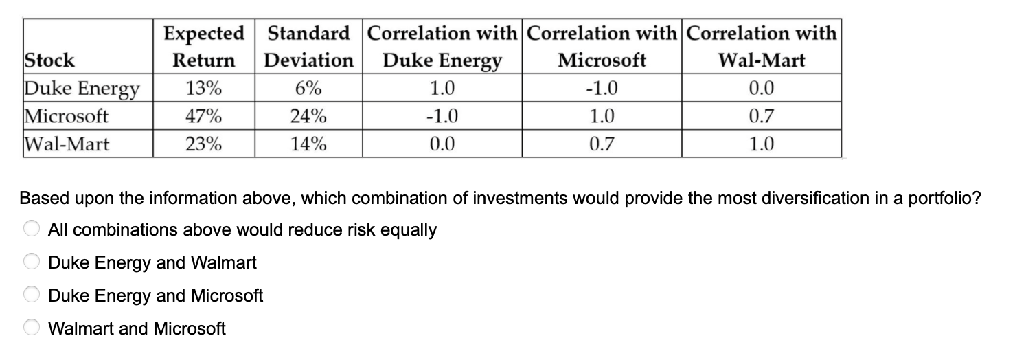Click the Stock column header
point(49,60)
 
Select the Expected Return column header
point(203,47)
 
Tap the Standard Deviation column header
point(308,47)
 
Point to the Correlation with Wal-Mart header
point(761,47)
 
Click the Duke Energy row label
point(82,89)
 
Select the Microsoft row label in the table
point(67,116)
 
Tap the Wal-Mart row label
point(67,144)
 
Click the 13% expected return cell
point(203,89)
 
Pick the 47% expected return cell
point(203,116)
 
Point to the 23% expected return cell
point(203,144)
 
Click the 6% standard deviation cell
point(308,89)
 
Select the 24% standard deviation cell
point(308,116)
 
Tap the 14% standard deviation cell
point(308,144)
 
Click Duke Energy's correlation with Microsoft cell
point(602,89)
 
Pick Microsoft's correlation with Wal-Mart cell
point(761,116)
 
